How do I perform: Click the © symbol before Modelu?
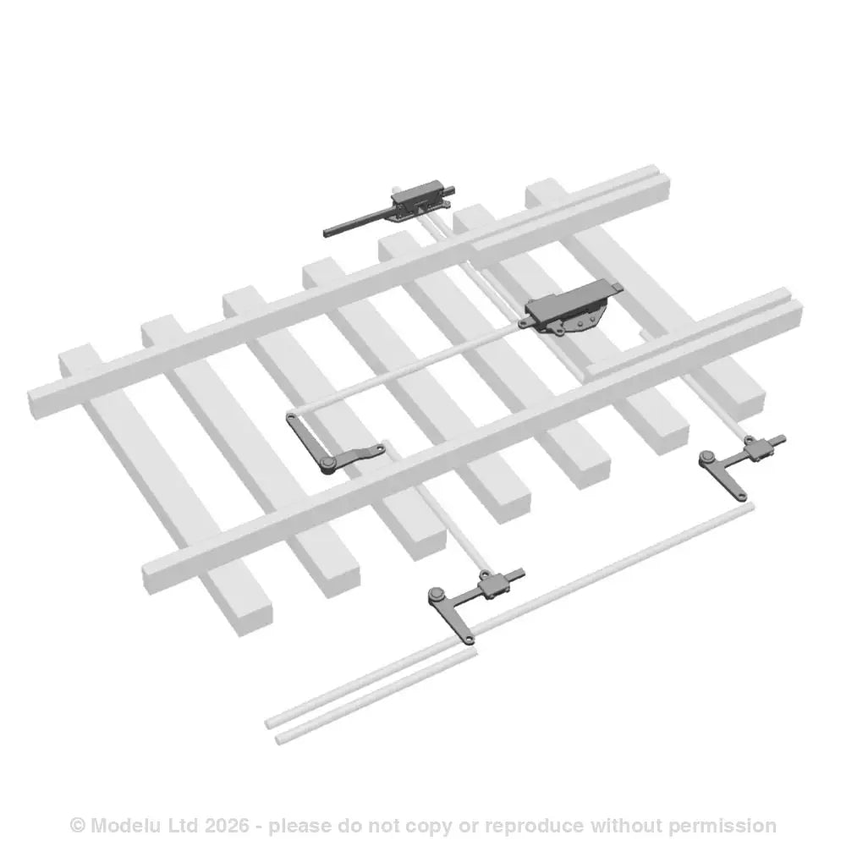(78, 825)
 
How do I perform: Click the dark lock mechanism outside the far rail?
(420, 201)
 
